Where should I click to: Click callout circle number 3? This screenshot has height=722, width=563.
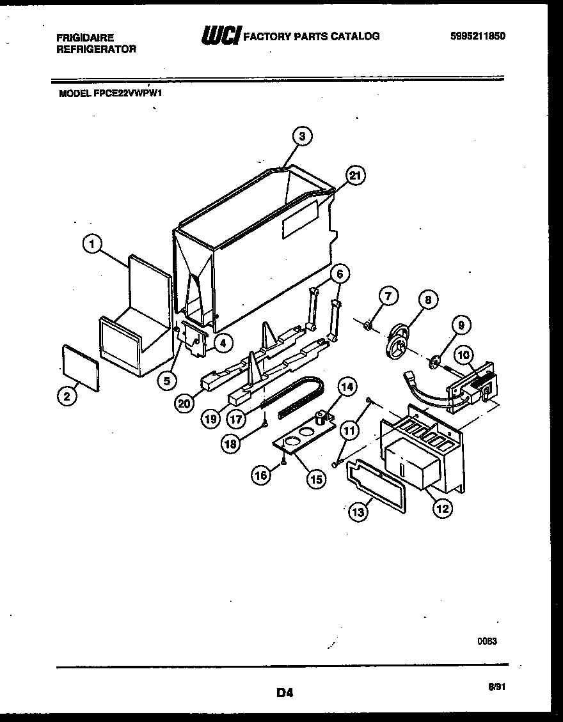tap(303, 135)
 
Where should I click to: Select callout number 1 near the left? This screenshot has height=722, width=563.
tap(93, 243)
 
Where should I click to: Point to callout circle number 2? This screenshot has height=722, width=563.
tap(66, 396)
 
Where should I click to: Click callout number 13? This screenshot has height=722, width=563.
tap(358, 511)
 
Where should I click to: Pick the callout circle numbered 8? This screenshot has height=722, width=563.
tap(428, 299)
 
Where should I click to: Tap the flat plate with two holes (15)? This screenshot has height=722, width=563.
tap(301, 439)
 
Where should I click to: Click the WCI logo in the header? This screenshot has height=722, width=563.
tap(221, 37)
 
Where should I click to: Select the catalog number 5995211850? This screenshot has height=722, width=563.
tap(477, 36)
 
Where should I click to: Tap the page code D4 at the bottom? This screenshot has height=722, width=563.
tap(285, 692)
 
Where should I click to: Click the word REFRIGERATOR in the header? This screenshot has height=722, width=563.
tap(96, 49)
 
